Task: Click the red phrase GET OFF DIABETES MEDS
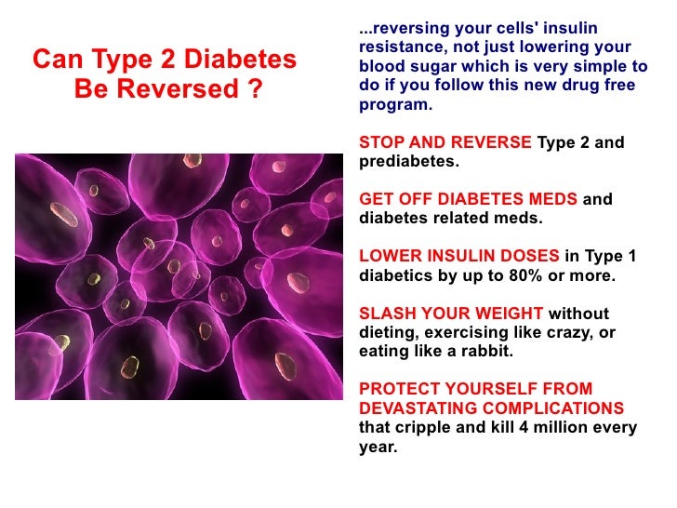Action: [468, 200]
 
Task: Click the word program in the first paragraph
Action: [393, 104]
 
